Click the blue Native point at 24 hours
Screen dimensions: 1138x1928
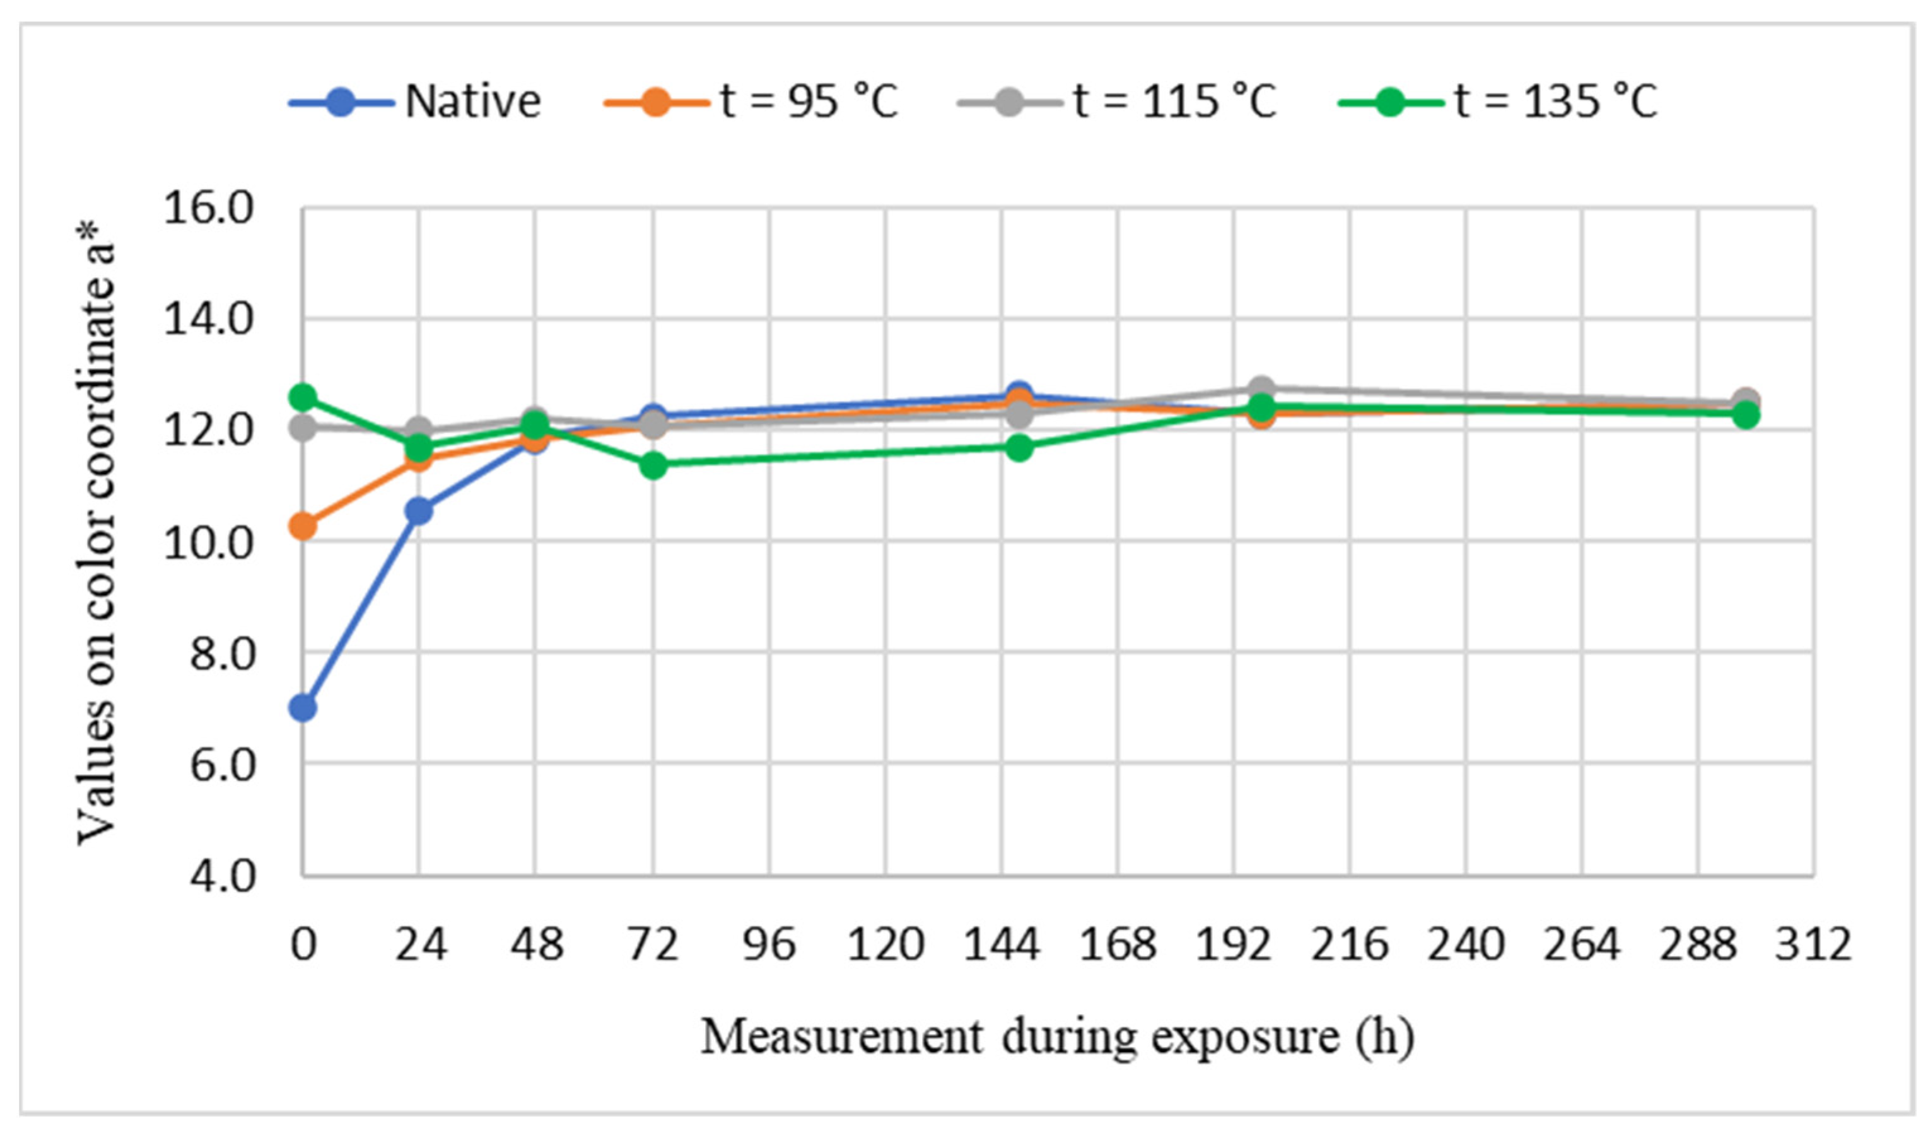(419, 511)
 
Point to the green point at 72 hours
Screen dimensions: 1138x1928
(653, 465)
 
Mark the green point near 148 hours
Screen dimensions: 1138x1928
(1019, 448)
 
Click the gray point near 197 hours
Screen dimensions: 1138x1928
(1260, 388)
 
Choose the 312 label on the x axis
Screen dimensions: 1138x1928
(1814, 944)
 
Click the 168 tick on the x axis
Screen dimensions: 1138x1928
(1118, 944)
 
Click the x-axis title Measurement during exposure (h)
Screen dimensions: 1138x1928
(1057, 1036)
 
